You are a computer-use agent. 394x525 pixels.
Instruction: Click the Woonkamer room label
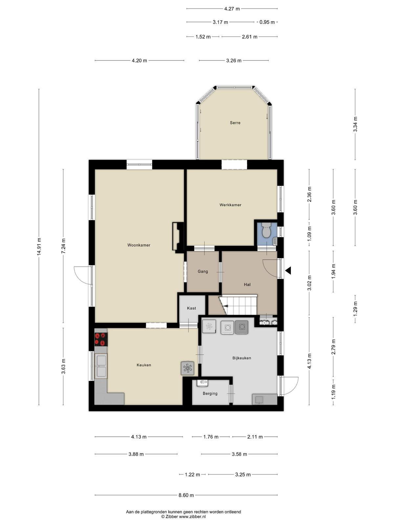(x=139, y=245)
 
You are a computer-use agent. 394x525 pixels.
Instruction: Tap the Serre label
(x=235, y=123)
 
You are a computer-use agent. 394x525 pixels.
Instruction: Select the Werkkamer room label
(x=230, y=205)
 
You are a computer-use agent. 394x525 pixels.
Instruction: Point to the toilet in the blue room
(x=266, y=230)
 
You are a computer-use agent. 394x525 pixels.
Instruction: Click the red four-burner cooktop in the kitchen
(x=101, y=339)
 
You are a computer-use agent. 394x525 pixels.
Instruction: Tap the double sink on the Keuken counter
(x=101, y=366)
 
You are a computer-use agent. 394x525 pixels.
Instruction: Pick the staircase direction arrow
(x=226, y=306)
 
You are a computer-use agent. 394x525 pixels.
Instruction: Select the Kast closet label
(x=191, y=308)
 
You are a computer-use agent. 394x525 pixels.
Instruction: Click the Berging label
(x=210, y=393)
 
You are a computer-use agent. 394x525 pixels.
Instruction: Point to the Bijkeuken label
(x=242, y=358)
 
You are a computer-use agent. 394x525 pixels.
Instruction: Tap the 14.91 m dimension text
(x=39, y=247)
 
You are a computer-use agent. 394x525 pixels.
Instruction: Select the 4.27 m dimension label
(x=232, y=9)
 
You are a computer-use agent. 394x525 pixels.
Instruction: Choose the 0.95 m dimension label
(x=267, y=22)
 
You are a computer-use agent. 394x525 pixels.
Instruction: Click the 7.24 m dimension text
(x=63, y=246)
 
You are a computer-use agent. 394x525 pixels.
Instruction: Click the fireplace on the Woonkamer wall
(x=178, y=237)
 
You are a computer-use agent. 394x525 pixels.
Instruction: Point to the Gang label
(x=203, y=271)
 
